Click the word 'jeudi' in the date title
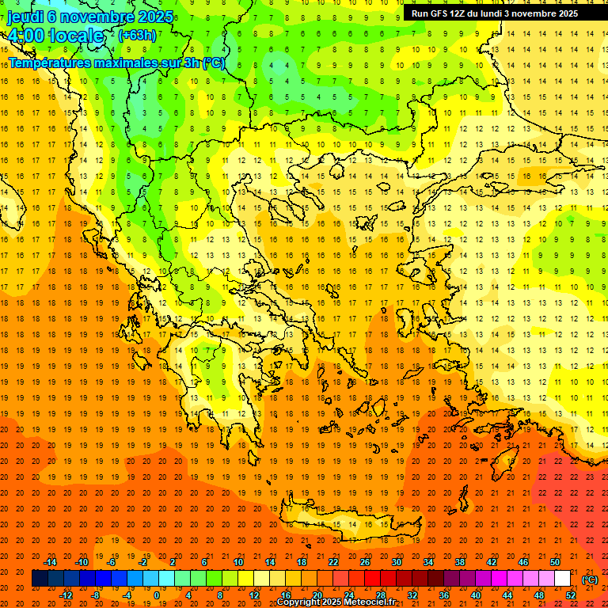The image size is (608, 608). coord(25,16)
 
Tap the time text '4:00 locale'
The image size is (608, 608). coord(55,36)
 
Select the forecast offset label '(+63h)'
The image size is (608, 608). coord(137,36)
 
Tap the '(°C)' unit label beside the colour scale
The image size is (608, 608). coord(589,579)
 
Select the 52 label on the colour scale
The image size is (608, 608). coord(570,595)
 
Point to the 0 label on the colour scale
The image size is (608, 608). coord(157,595)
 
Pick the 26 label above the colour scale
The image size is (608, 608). coord(365,562)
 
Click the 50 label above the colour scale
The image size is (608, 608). coord(555,562)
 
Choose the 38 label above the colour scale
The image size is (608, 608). coord(460,562)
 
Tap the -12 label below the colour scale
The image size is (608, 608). coord(66,595)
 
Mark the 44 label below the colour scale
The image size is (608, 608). coord(507,595)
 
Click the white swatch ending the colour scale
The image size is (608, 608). coord(562,579)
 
